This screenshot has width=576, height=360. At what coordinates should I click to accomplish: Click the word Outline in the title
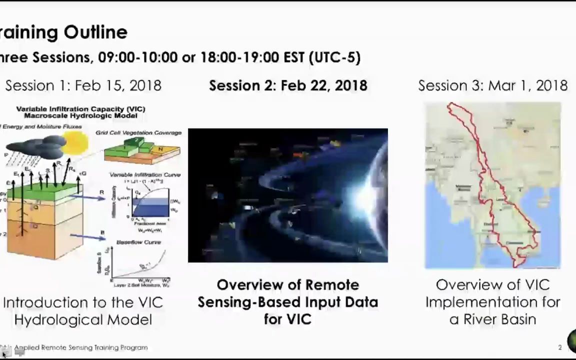coord(96,32)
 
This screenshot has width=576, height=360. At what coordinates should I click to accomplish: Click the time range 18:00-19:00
coord(239,57)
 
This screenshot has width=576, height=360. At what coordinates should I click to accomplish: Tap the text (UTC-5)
coord(334,57)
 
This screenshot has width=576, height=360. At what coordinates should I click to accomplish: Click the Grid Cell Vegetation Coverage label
coord(138,133)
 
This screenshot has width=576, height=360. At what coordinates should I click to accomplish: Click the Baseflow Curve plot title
coord(138,242)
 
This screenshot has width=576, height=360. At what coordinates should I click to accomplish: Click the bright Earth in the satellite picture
coord(372,197)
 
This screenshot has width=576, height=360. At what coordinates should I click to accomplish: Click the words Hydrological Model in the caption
coord(83,320)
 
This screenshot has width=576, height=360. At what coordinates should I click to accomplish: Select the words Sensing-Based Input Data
coord(287,302)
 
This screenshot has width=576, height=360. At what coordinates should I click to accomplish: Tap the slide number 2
coord(560,347)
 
